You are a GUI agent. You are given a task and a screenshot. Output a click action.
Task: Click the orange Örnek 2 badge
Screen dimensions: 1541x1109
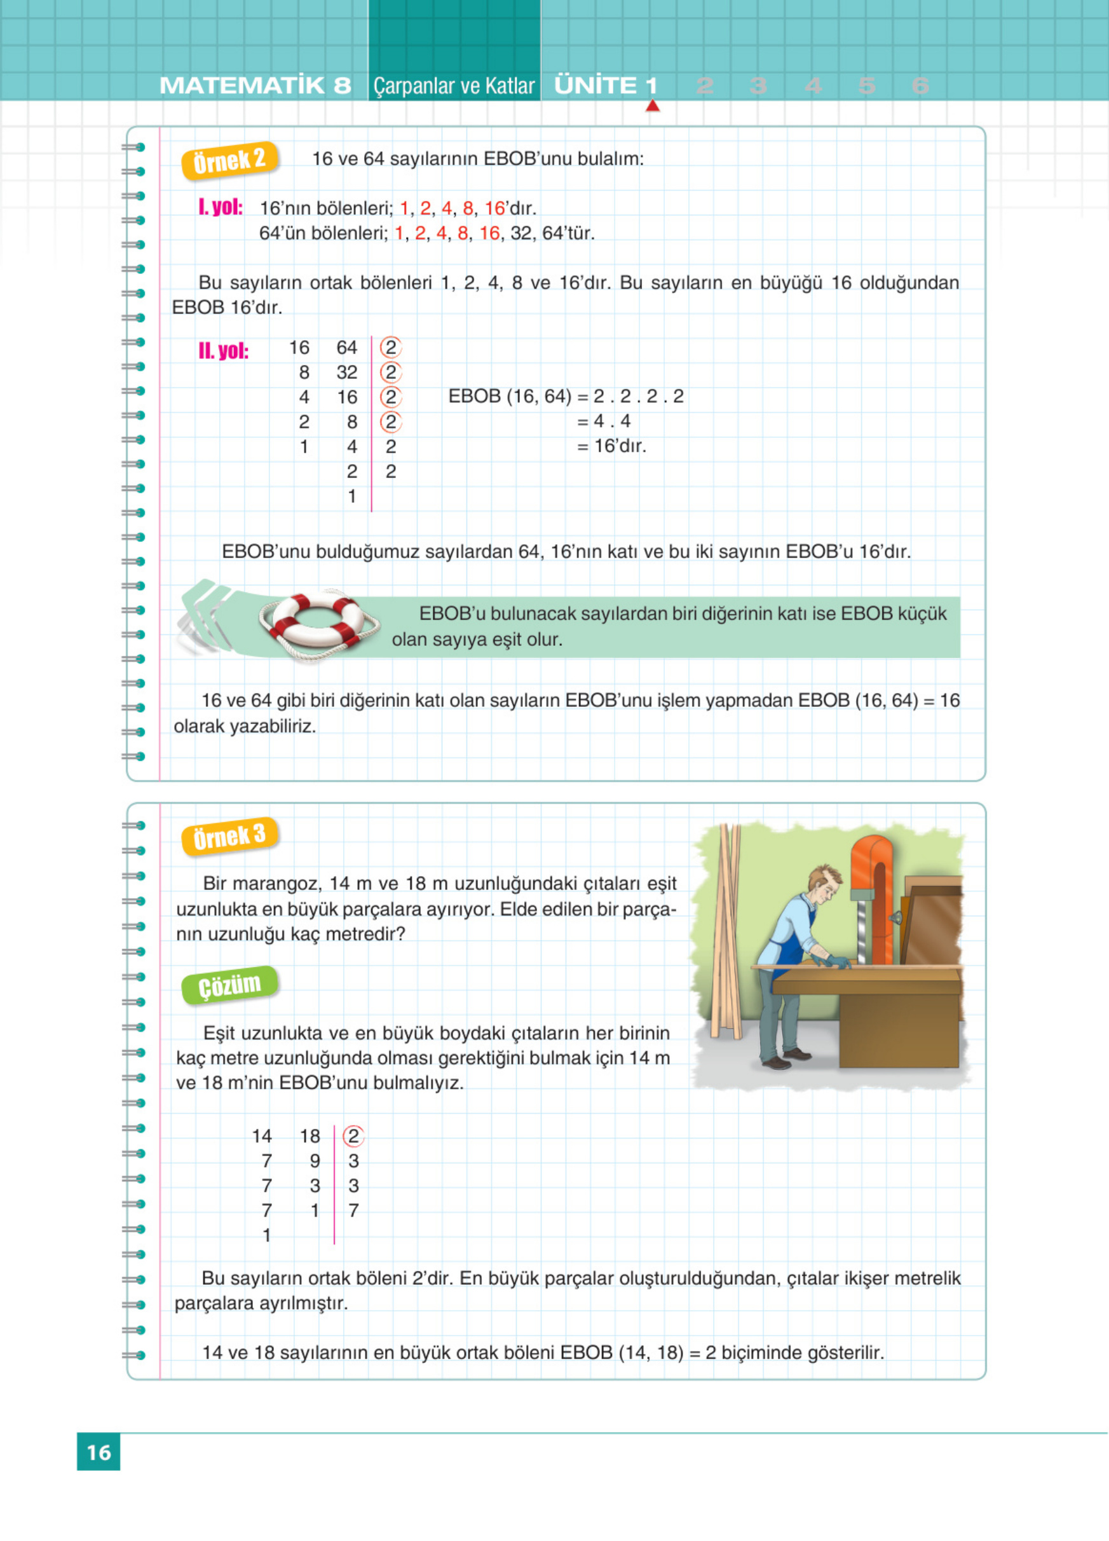(229, 161)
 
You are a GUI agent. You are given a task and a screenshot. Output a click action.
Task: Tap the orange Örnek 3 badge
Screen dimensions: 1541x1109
(229, 837)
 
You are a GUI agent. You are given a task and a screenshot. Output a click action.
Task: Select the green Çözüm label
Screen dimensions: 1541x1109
(229, 985)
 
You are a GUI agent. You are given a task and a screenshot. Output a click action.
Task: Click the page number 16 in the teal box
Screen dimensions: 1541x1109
(99, 1452)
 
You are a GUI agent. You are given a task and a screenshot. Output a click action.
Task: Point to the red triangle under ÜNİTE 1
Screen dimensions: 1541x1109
(653, 106)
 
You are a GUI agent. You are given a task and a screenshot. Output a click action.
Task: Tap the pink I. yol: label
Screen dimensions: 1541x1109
(220, 207)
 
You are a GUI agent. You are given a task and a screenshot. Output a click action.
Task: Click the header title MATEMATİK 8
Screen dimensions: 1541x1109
(255, 86)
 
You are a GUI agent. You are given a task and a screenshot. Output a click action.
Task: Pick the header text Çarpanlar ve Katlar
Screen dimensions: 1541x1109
(454, 86)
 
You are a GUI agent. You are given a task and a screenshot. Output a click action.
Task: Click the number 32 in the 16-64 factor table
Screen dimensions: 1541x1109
(347, 373)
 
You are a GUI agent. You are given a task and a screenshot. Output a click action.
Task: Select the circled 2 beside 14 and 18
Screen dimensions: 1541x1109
(353, 1136)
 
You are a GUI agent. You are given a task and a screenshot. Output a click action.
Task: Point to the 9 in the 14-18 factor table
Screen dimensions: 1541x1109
(315, 1161)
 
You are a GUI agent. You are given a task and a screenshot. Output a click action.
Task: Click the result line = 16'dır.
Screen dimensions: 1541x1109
(612, 446)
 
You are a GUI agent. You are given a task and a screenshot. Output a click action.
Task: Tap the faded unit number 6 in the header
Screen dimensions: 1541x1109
(920, 86)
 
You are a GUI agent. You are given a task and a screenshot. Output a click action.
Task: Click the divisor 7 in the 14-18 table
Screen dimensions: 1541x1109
(353, 1211)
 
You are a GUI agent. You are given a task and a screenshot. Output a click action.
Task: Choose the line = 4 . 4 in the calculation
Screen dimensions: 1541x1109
(604, 421)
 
